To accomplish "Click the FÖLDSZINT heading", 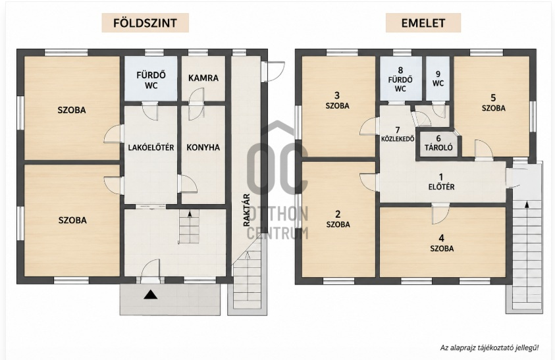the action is click(145, 23).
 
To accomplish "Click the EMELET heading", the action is click(423, 23).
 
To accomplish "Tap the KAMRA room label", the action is click(203, 78).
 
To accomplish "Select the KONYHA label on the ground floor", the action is click(203, 147).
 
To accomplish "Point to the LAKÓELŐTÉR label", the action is click(151, 147).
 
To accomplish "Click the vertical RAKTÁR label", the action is click(247, 210).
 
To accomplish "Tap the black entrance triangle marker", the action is click(151, 294).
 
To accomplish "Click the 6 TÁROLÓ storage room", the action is click(438, 143).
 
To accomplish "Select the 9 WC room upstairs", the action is click(438, 78).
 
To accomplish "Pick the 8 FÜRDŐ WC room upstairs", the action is click(401, 78).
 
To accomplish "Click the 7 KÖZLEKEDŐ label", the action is click(398, 134).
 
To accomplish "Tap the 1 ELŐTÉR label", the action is click(441, 182).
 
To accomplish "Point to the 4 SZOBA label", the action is click(442, 244).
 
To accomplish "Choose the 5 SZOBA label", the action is click(493, 103).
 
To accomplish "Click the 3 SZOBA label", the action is click(337, 101).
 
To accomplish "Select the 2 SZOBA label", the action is click(338, 219).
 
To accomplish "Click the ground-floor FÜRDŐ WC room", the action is click(151, 78).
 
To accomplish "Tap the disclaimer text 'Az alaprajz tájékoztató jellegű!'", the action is click(490, 347).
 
